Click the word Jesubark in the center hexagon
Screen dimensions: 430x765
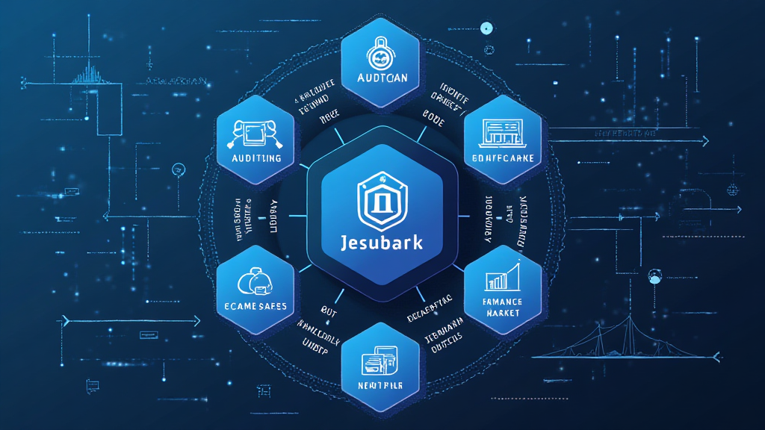click(x=381, y=244)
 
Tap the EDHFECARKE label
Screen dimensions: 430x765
click(x=504, y=160)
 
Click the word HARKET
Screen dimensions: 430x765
click(x=503, y=313)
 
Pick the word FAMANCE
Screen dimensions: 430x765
click(x=503, y=301)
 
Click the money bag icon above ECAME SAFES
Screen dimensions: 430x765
click(x=253, y=281)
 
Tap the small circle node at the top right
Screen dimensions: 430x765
click(x=486, y=28)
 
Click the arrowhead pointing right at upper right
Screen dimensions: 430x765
click(x=705, y=140)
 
